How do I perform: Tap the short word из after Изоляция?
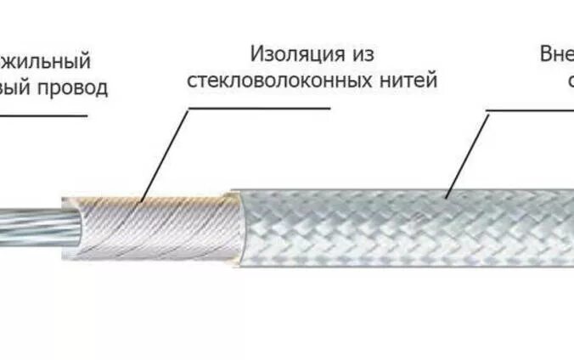(x=359, y=54)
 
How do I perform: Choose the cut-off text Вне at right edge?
(x=556, y=54)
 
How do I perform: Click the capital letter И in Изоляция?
(x=256, y=54)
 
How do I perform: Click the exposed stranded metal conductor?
(x=34, y=226)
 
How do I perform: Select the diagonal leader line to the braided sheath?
(x=467, y=153)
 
